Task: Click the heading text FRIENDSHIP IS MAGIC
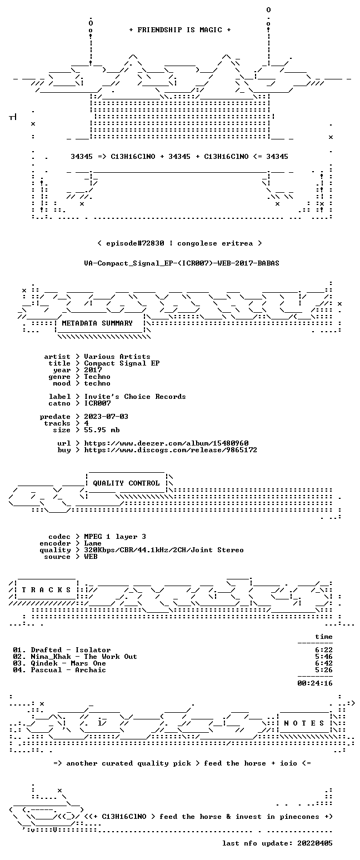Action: (x=180, y=30)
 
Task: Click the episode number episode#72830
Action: (x=135, y=243)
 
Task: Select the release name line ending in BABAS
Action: (x=182, y=263)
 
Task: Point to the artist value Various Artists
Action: (x=117, y=357)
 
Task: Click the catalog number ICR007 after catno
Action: (x=97, y=403)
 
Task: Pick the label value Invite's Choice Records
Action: (x=134, y=397)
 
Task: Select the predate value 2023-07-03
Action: (x=106, y=417)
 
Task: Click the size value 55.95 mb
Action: (x=102, y=430)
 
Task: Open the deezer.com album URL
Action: (x=166, y=443)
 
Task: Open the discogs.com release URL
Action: (x=171, y=450)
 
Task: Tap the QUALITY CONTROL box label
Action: (x=126, y=483)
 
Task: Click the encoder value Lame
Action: (x=93, y=543)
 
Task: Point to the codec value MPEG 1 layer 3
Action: (x=115, y=537)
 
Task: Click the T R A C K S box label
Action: (x=47, y=590)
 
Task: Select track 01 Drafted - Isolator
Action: (x=62, y=650)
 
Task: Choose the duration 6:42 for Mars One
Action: (x=323, y=663)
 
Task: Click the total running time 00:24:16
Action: (x=314, y=683)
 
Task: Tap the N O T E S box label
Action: (x=304, y=723)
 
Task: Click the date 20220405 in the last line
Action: (x=314, y=843)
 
